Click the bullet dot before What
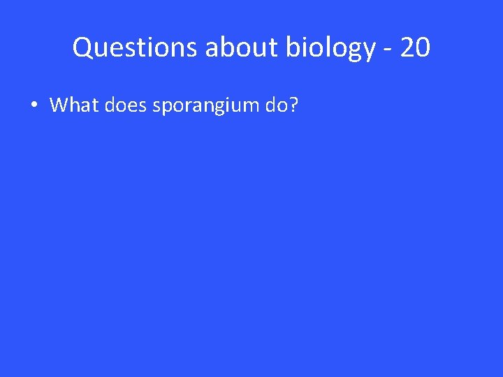click(x=33, y=105)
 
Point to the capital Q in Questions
click(x=82, y=48)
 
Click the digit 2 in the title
click(x=407, y=48)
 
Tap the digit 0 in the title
click(x=423, y=48)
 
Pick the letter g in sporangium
click(x=217, y=108)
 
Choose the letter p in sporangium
click(x=164, y=108)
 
